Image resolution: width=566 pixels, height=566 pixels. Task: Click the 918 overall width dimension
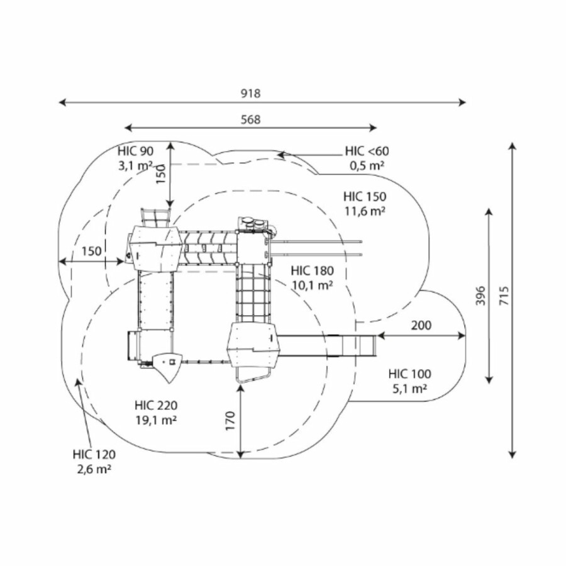point(250,93)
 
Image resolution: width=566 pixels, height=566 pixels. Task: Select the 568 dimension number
point(250,119)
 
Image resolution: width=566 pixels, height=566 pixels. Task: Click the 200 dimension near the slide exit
point(421,325)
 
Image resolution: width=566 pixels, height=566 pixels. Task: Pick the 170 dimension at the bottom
point(230,420)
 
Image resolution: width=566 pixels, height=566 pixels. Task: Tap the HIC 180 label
point(313,270)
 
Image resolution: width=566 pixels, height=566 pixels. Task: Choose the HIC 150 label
point(365,196)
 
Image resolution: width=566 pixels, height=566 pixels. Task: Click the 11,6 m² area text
point(365,211)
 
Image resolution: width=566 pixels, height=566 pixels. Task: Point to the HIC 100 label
point(410,374)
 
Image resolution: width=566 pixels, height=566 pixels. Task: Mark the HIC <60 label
point(367,151)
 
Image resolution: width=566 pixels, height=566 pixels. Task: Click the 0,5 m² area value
point(367,165)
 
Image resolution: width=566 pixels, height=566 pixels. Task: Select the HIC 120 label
point(94,454)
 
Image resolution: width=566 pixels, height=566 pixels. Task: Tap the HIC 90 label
point(135,152)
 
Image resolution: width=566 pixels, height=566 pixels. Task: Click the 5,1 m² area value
point(410,389)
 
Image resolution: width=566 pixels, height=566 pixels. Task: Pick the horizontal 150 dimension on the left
point(91,252)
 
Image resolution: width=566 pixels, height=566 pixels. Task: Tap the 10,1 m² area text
point(313,285)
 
